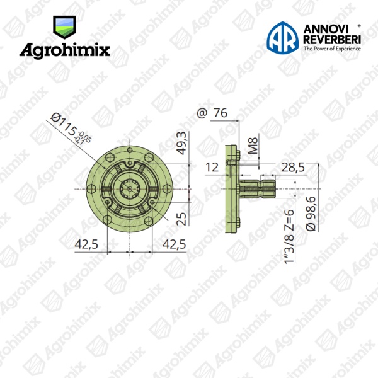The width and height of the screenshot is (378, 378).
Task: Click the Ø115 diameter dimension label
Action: click(x=71, y=129)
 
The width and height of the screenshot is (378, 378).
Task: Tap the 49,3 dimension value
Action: click(x=182, y=143)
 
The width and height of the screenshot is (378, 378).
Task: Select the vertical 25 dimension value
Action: click(x=182, y=219)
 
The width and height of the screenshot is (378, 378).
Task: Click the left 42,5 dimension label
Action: click(x=86, y=244)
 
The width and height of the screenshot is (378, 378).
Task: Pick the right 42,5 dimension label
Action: click(x=174, y=244)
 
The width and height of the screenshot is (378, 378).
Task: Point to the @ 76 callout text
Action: click(x=212, y=113)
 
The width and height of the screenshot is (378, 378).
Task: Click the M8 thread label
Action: click(x=253, y=146)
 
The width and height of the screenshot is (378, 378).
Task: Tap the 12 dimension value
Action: click(x=212, y=168)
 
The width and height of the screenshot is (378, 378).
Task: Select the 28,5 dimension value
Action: click(x=293, y=168)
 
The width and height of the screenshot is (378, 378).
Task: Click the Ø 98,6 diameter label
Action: click(x=311, y=214)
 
